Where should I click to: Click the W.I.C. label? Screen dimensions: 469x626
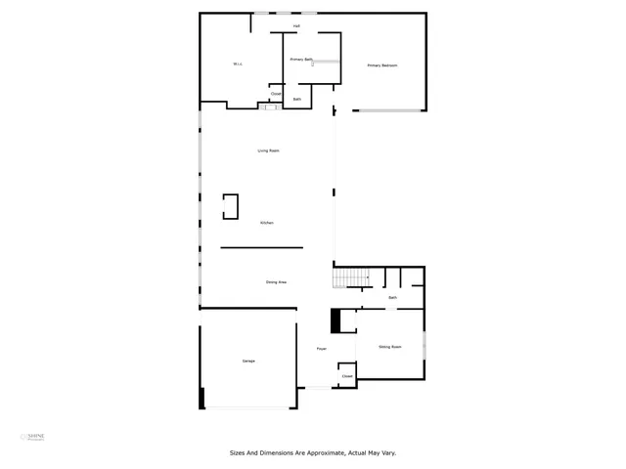(237, 65)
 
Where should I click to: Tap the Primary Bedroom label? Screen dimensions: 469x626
(382, 65)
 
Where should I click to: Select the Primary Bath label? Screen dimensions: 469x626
(301, 60)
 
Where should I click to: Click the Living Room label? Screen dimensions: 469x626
(268, 150)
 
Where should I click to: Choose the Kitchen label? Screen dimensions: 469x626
(266, 223)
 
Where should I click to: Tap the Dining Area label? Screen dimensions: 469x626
(276, 282)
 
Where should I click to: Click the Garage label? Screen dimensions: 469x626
(248, 362)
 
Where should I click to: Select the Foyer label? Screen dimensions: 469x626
(320, 349)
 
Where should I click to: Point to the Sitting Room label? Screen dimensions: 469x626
(390, 347)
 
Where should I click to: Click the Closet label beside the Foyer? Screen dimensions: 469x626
(346, 375)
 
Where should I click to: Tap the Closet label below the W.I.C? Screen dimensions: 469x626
(276, 94)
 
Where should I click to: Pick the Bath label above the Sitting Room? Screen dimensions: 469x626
(392, 297)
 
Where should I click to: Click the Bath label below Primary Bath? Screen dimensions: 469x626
(296, 99)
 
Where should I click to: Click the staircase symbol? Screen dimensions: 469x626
(350, 279)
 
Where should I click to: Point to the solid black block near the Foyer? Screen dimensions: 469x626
(335, 320)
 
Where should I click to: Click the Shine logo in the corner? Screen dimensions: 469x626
(35, 436)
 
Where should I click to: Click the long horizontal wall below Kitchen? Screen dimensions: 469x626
(261, 247)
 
